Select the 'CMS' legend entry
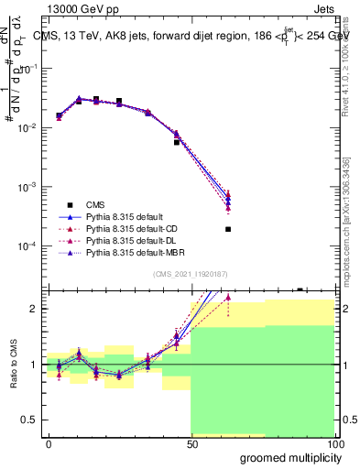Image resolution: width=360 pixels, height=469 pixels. point(95,205)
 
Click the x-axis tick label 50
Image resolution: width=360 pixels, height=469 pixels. point(191,443)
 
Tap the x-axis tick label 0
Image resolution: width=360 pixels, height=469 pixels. point(49,443)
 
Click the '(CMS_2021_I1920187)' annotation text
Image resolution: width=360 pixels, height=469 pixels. point(190,273)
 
